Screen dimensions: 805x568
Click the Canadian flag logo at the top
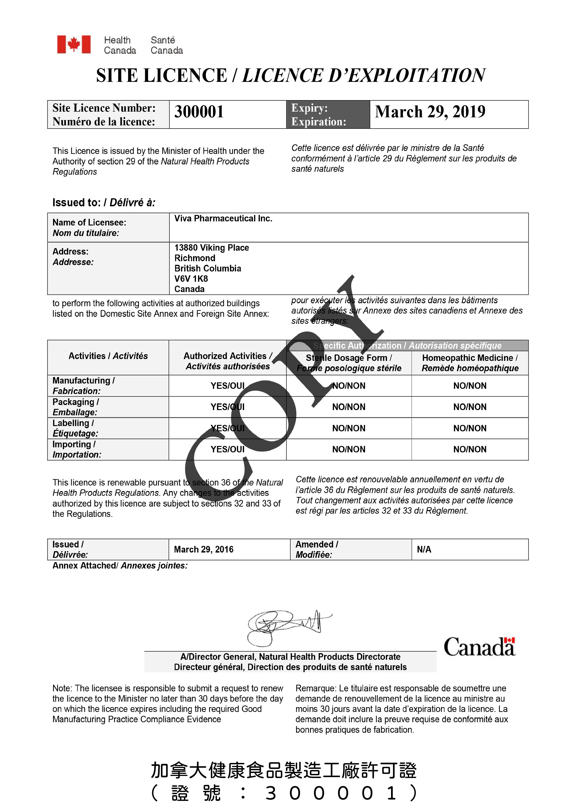[x=74, y=45]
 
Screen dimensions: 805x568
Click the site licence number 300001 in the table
[x=199, y=112]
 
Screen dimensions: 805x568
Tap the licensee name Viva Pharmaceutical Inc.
[x=223, y=219]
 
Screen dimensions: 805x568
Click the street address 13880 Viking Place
[x=212, y=248]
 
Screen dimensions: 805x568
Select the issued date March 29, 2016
[x=204, y=549]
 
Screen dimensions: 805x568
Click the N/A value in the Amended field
[x=424, y=549]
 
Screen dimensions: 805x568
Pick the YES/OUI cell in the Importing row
[x=228, y=449]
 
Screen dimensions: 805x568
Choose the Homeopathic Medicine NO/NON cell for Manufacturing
[x=470, y=386]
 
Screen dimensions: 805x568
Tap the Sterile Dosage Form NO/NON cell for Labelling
[x=349, y=428]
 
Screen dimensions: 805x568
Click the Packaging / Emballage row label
[x=76, y=407]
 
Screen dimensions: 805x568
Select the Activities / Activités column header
[x=108, y=356]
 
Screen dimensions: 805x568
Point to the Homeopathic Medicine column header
[x=470, y=363]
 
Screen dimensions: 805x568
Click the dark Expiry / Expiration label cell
[x=328, y=115]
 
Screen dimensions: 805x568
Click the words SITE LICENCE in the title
[x=161, y=76]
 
